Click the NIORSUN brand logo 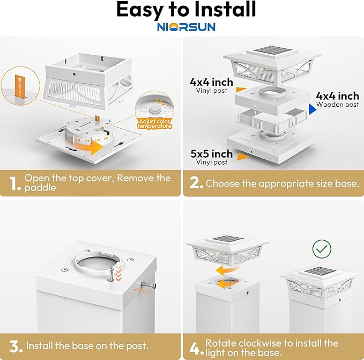click(187, 26)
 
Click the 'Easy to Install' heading click(186, 10)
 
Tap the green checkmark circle click(322, 248)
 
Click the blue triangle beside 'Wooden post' click(313, 109)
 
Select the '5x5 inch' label click(211, 154)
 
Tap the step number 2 click(197, 183)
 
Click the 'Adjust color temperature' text click(155, 123)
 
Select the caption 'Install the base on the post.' click(87, 346)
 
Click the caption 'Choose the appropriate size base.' click(282, 183)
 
